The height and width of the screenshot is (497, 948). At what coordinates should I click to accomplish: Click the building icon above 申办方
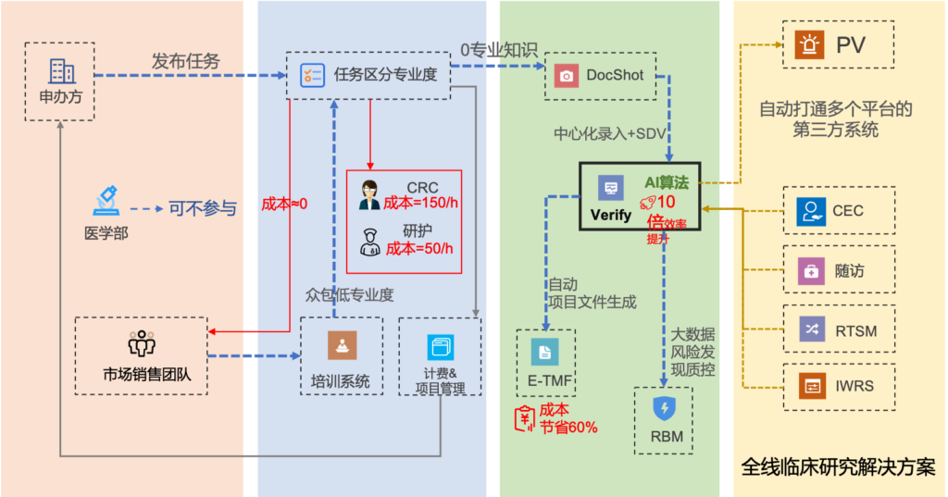pos(61,71)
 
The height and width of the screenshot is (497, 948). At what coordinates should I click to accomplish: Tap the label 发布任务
pos(185,61)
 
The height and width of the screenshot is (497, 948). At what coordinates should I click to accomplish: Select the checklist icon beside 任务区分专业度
pos(313,74)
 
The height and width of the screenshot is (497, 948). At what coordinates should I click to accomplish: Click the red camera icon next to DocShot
pos(566,75)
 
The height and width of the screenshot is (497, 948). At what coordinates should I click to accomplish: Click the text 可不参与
pos(202,208)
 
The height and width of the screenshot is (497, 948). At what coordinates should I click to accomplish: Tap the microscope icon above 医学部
pos(106,200)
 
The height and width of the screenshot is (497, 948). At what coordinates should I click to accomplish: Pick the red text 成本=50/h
pos(419,248)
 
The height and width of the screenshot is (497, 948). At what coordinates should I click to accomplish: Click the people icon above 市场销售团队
pos(142,343)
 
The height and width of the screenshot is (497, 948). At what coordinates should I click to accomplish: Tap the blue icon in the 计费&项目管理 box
pos(441,347)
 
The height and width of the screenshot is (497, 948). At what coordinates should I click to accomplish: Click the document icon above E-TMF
pos(544,352)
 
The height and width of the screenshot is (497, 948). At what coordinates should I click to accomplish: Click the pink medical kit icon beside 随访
pos(811,271)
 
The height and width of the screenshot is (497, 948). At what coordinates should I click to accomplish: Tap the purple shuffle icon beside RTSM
pos(811,329)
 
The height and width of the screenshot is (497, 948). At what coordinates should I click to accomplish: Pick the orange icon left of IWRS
pos(811,386)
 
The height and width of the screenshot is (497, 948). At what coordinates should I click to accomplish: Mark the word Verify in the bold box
pos(611,215)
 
